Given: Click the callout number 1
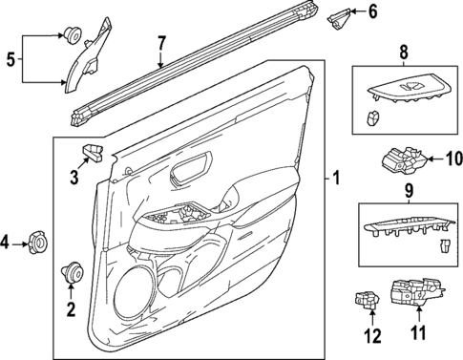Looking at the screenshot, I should [x=334, y=178].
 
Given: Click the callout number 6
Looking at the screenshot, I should [x=373, y=11].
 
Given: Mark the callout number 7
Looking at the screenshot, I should [x=161, y=43].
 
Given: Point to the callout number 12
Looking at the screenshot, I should [x=371, y=334].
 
